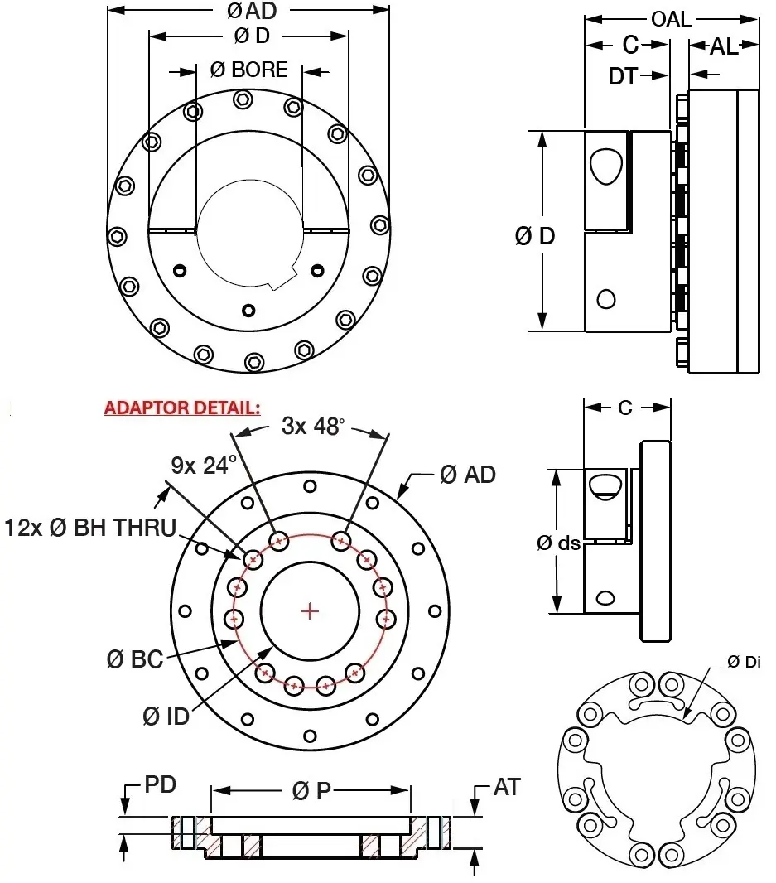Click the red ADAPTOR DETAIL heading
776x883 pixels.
coord(182,408)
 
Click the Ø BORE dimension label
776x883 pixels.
coord(248,70)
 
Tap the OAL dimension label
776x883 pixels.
coord(671,19)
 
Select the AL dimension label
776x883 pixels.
coord(724,47)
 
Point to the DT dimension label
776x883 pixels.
coord(624,76)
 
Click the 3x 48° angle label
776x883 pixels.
coord(311,427)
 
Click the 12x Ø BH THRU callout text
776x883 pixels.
coord(90,527)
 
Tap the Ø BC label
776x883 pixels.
coord(135,660)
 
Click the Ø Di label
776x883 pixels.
coord(744,661)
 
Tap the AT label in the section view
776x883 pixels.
coord(506,787)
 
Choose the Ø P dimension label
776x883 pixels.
coord(311,791)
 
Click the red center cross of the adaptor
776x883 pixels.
coord(311,611)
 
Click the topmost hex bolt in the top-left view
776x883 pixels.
coord(243,99)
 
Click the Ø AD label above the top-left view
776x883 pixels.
coord(250,11)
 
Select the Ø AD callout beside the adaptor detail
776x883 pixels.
coord(468,475)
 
